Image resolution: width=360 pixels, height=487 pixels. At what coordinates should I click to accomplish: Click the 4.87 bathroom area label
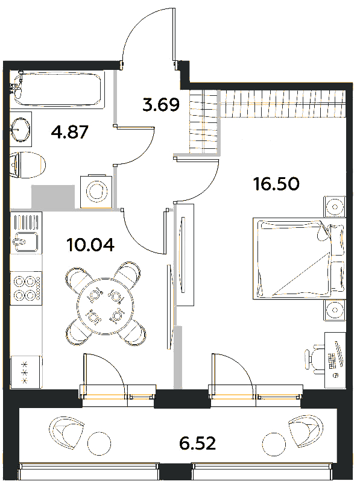(x=70, y=133)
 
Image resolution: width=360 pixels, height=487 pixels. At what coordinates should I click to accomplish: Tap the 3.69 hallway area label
(x=161, y=105)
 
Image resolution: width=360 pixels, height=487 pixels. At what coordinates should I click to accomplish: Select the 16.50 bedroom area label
(x=276, y=184)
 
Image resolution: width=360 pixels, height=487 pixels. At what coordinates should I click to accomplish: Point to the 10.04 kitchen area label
(x=90, y=245)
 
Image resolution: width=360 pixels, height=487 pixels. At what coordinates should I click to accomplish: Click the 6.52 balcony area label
(x=197, y=443)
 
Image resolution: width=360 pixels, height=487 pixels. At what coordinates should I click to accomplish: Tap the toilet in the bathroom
(x=28, y=165)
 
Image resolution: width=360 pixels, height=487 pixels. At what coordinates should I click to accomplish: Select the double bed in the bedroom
(x=300, y=259)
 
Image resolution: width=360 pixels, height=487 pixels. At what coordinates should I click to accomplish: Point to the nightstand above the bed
(x=335, y=207)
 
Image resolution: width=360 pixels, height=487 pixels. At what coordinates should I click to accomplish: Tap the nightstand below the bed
(x=335, y=310)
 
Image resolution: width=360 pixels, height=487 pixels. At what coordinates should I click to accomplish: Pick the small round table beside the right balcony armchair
(x=273, y=444)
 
